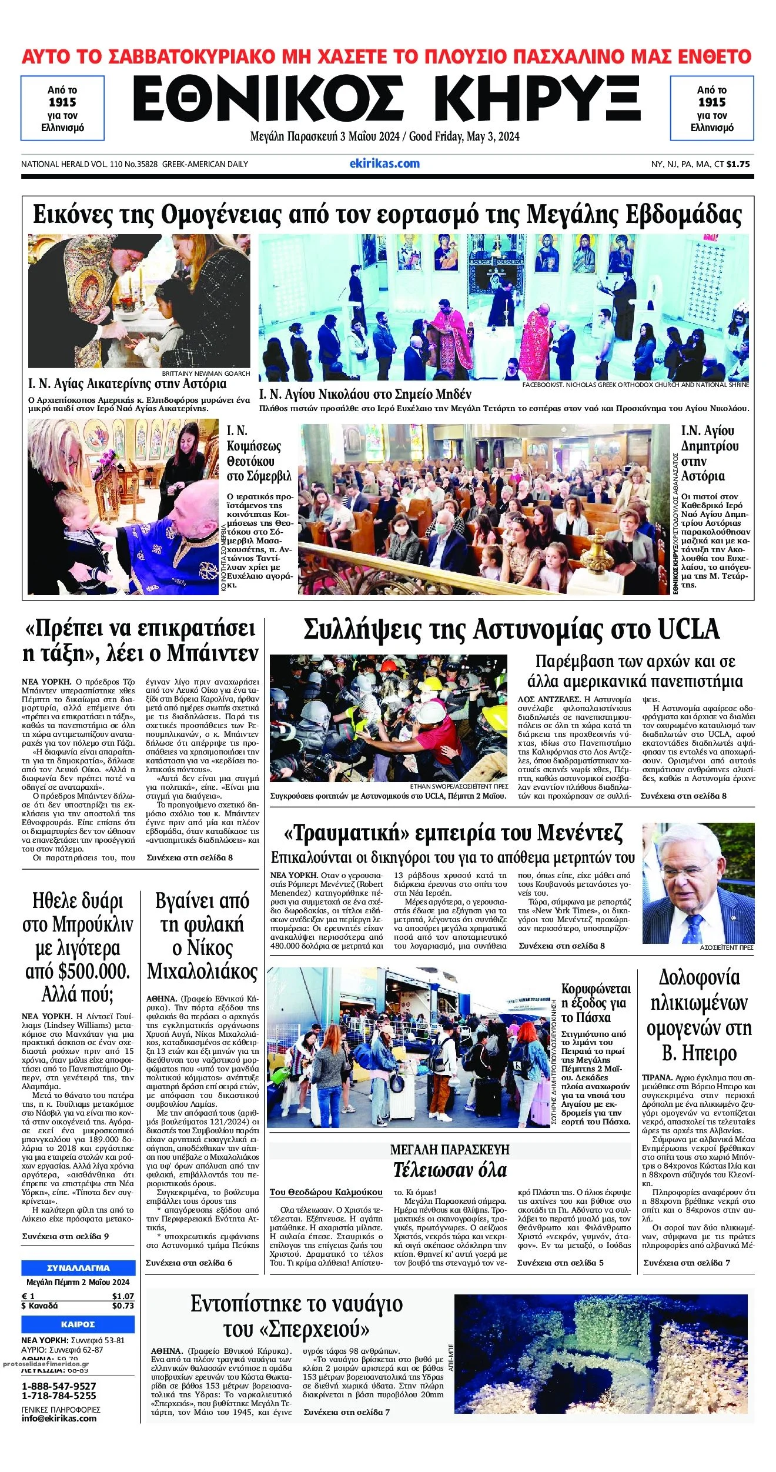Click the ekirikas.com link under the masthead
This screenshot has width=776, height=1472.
point(384,163)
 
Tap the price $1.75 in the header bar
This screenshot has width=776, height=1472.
point(738,164)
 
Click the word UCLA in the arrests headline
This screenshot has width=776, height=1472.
point(688,629)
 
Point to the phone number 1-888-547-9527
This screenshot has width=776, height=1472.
point(59,1386)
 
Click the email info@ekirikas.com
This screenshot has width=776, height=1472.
point(59,1418)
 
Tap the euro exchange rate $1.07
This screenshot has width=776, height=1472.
point(123,1296)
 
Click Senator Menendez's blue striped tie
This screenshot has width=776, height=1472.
point(694,927)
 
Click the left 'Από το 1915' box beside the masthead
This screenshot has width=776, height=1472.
point(62,108)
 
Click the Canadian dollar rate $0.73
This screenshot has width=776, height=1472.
point(123,1306)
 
